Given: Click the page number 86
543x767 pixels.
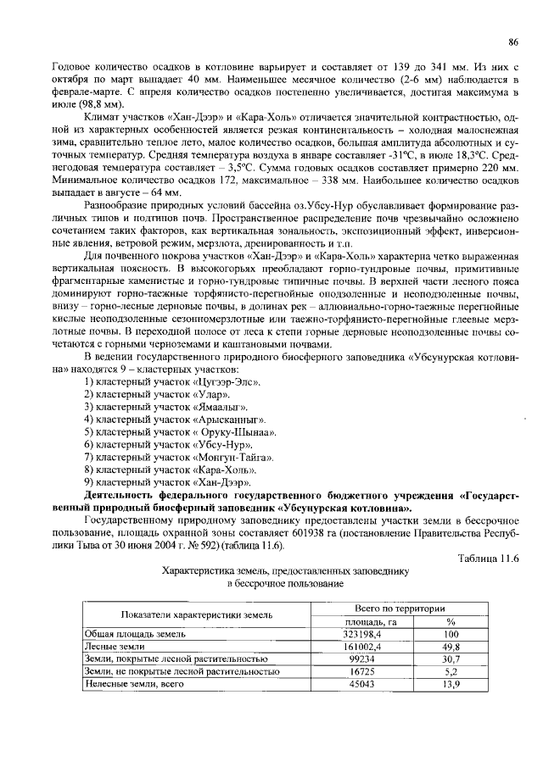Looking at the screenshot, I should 512,42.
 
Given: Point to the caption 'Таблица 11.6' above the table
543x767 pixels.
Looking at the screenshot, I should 488,557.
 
